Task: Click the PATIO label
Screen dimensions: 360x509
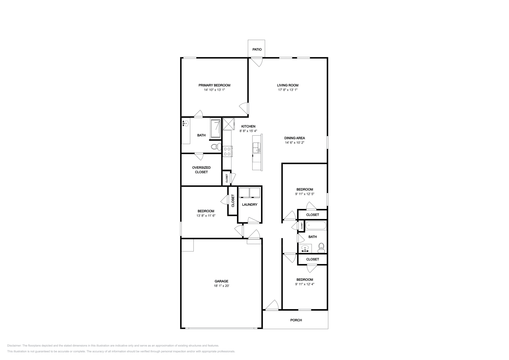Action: coord(257,50)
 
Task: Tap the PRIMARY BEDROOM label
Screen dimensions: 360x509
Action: coord(214,85)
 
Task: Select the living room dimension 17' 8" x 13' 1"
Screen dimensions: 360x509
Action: coord(288,90)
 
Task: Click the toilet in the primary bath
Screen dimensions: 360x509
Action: coord(216,147)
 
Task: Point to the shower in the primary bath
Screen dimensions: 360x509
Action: coord(216,129)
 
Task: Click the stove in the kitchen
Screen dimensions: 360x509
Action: coord(227,151)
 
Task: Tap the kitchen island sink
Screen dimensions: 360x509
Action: coord(256,148)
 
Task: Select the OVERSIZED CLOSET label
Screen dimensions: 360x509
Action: coord(201,170)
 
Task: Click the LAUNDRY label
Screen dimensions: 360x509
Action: coord(249,204)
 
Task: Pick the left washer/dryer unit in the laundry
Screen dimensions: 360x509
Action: coord(244,193)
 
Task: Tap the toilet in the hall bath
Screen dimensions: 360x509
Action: coord(321,247)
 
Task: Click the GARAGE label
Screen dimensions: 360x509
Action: coord(221,281)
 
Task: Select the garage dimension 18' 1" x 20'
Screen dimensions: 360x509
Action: coord(221,286)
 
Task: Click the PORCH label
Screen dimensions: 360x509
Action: coord(296,320)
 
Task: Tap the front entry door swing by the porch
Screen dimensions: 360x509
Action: coord(272,305)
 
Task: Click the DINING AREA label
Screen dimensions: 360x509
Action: coord(295,138)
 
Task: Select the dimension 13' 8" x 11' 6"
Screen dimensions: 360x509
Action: coord(206,216)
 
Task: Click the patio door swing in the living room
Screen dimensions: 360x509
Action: coord(256,62)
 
